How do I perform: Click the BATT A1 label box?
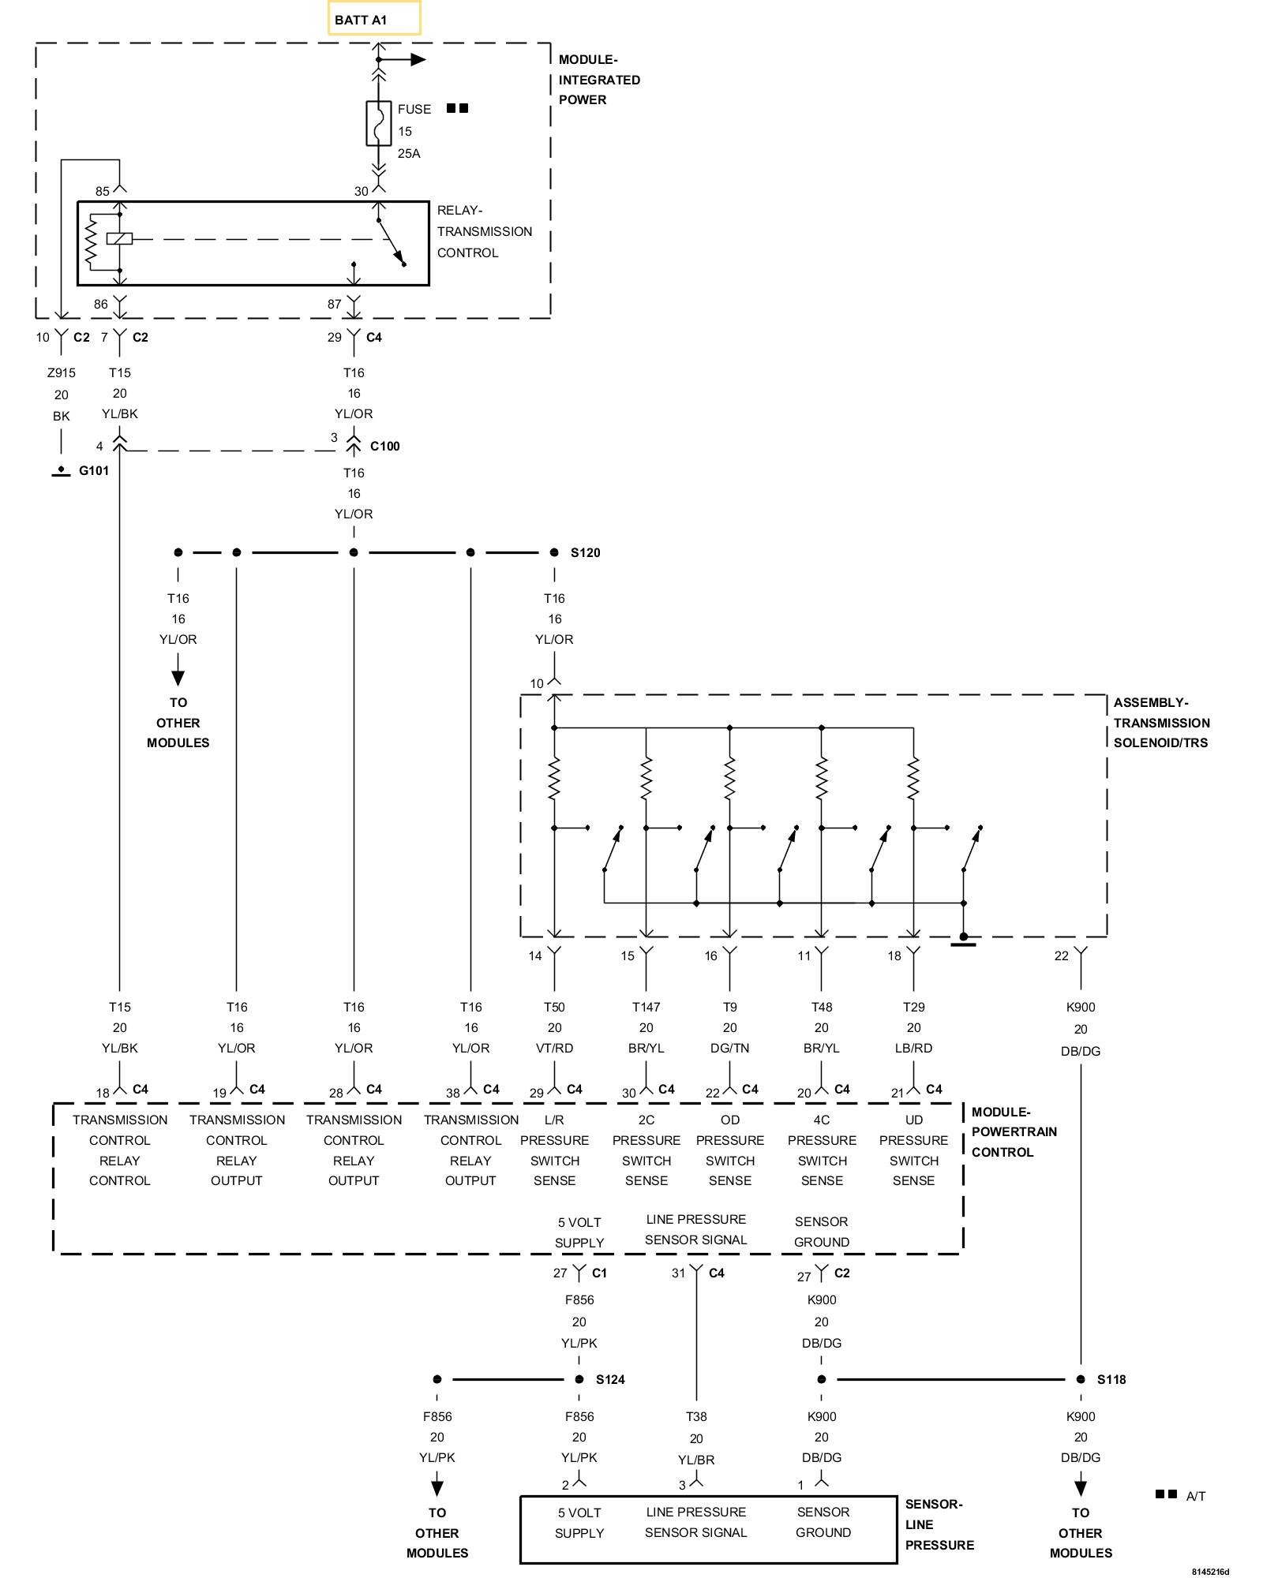(x=374, y=17)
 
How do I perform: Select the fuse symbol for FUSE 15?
(x=379, y=123)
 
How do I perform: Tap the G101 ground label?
(x=94, y=471)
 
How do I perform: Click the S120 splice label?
(x=586, y=552)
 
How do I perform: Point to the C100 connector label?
(x=385, y=447)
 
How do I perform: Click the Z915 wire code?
(x=62, y=372)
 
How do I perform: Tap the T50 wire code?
(x=554, y=1007)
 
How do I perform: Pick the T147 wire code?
(x=646, y=1007)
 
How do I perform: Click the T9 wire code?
(x=730, y=1007)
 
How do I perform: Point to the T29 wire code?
(x=913, y=1007)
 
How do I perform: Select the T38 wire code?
(x=696, y=1416)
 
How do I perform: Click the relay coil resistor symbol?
(x=92, y=240)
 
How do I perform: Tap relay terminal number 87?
(x=334, y=304)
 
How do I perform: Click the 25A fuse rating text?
(x=409, y=153)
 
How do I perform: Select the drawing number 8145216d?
(x=1211, y=1571)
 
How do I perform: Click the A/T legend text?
(x=1196, y=1496)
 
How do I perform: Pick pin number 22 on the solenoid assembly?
(x=1061, y=955)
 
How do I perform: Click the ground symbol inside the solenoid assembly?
(x=964, y=939)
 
